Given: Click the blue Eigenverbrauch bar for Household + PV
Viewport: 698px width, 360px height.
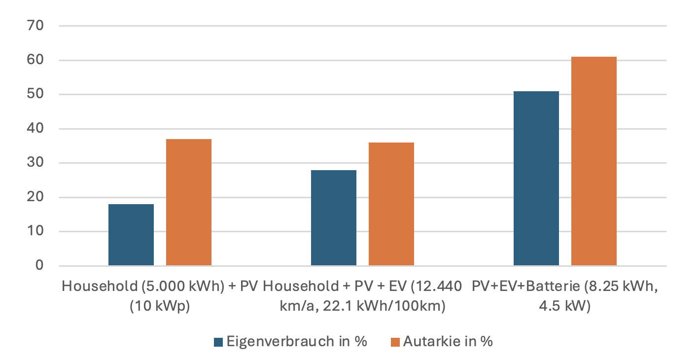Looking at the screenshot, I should (131, 235).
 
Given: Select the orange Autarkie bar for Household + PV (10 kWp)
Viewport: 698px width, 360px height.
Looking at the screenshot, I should (189, 202).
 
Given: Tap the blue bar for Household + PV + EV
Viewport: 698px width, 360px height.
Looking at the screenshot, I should (334, 217).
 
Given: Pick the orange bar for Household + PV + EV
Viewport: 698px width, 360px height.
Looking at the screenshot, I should (391, 204).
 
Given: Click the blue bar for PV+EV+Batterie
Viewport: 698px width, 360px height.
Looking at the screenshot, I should (536, 178).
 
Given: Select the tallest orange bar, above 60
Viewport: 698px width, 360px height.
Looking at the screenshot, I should (594, 161).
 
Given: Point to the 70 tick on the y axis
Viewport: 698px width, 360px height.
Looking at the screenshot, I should (38, 26).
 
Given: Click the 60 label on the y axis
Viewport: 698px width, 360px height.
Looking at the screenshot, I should (38, 60).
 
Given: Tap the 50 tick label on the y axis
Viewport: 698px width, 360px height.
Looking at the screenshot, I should (38, 94).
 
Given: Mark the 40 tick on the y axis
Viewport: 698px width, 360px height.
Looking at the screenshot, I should (38, 129).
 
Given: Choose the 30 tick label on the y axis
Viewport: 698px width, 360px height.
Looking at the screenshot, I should (38, 163).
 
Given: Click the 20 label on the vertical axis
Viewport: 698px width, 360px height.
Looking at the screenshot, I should (38, 197).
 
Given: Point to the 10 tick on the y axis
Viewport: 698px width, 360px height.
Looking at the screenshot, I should (38, 231).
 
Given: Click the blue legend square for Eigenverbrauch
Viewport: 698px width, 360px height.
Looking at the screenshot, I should (218, 342).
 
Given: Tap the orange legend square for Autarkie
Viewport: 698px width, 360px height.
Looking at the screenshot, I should (395, 342).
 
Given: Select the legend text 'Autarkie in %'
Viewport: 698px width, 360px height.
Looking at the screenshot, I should (448, 341).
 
